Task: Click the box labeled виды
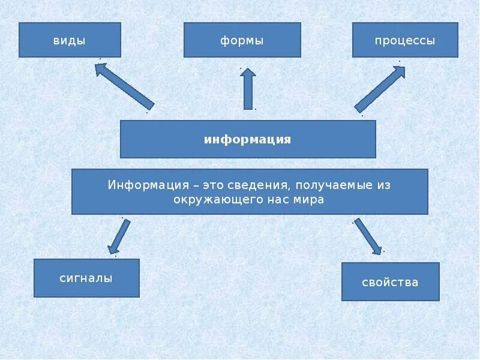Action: (70, 40)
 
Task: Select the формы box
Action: (242, 40)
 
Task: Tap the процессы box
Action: (405, 40)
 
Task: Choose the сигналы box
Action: (86, 278)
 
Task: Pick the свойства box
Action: (390, 281)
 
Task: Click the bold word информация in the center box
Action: (247, 139)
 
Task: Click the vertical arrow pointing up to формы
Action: (248, 88)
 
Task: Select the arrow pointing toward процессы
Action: (380, 89)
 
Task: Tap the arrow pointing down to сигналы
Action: (119, 235)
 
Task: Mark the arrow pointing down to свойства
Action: (367, 236)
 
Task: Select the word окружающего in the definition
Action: (208, 200)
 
